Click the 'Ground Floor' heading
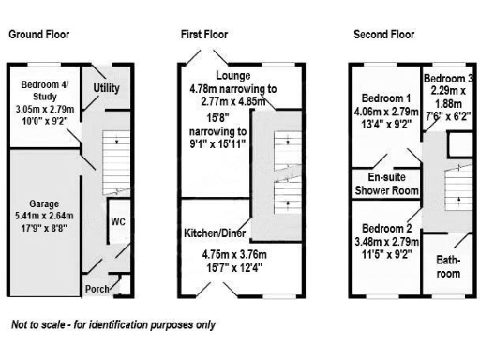[x=39, y=35]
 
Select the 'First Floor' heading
[x=204, y=35]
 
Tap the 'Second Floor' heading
[x=383, y=35]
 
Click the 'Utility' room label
[x=106, y=87]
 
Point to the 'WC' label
[x=118, y=222]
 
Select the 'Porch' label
[x=98, y=288]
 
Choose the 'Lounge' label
[x=232, y=74]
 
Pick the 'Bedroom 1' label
[x=385, y=98]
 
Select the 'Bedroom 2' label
[x=385, y=228]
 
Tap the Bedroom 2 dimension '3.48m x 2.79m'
[x=385, y=240]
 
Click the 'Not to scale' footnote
[x=112, y=325]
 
